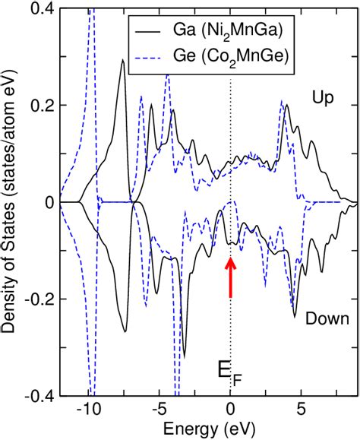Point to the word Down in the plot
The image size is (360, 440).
(327, 319)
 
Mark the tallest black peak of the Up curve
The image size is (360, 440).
(122, 60)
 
